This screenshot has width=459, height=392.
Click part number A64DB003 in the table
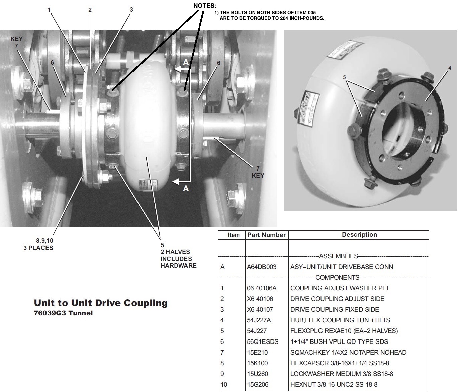261,267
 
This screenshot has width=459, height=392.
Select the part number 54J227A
259,320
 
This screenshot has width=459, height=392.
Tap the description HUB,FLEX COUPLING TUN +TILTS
340,320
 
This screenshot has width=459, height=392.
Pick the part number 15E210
257,352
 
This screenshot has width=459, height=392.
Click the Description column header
359,235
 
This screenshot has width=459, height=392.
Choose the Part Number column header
267,235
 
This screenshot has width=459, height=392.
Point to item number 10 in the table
224,384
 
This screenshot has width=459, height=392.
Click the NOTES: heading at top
205,6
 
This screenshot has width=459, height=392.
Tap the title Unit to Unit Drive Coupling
101,303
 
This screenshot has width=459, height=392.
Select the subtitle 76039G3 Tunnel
63,313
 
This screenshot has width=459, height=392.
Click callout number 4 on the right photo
449,68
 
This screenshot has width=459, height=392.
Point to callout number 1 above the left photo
49,10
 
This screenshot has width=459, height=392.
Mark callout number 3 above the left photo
131,10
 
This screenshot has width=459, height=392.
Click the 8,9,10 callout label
44,241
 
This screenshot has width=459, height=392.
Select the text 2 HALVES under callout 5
175,252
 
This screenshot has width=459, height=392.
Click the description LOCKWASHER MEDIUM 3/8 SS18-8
342,374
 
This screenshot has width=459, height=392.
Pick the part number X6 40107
260,309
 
